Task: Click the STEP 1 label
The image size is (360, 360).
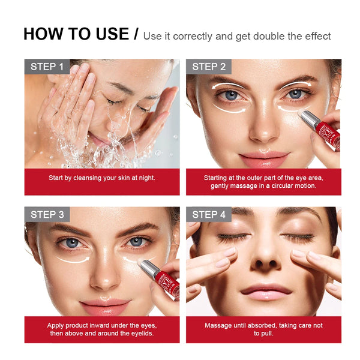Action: coord(47,67)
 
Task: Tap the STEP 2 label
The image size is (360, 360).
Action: coord(208,67)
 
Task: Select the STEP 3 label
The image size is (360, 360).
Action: coord(47,214)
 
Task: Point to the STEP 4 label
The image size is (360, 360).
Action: coord(209,214)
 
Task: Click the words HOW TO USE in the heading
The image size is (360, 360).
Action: coord(76,34)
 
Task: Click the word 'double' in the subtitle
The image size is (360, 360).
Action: coord(271,37)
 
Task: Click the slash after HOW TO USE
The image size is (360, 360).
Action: coord(136,35)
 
